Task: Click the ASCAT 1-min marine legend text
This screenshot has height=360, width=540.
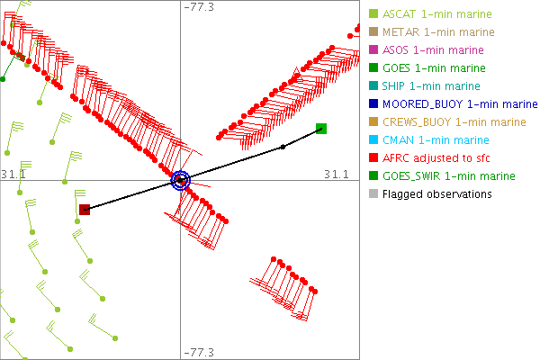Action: click(434, 14)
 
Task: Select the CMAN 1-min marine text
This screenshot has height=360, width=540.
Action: click(436, 140)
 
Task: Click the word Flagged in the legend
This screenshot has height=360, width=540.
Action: click(403, 194)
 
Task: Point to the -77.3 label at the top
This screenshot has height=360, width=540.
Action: click(199, 7)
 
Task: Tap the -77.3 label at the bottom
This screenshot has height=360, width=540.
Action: click(199, 353)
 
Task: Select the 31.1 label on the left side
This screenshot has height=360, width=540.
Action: click(13, 173)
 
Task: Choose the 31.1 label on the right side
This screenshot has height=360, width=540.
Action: click(336, 173)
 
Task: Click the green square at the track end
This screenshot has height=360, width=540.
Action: click(321, 129)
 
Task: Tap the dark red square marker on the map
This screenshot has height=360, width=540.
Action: click(85, 210)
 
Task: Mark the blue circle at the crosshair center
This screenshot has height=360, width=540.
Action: click(181, 180)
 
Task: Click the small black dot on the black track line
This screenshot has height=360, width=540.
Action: click(283, 146)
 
